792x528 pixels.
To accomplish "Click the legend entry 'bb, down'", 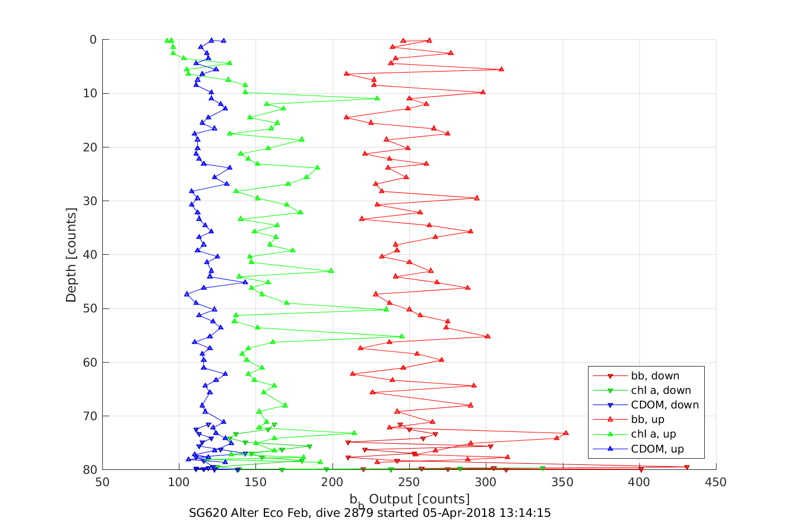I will pos(655,376).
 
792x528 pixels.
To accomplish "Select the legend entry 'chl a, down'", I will pos(661,391).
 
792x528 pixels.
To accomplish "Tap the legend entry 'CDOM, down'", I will pos(665,405).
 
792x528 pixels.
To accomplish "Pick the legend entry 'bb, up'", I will pos(647,420).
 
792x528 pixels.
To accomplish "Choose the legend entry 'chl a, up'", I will pos(653,434).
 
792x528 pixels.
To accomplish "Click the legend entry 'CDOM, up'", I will pos(657,449).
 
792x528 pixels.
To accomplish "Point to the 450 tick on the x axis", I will pos(716,482).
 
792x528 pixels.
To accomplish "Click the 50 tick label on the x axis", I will pos(102,482).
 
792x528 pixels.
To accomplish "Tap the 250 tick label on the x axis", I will pos(409,482).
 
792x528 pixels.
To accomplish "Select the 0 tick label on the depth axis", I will pos(93,40).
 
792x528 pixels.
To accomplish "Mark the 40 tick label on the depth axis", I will pos(89,255).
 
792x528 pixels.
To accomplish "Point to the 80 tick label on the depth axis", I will pos(89,470).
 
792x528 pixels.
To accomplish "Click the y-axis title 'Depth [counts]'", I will pos(71,255).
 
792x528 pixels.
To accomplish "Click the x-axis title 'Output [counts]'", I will pos(419,498).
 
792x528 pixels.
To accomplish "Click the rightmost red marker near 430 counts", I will pos(686,467).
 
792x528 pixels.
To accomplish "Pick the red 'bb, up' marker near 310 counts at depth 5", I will pos(501,69).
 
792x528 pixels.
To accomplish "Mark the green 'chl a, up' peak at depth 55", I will pos(401,336).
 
